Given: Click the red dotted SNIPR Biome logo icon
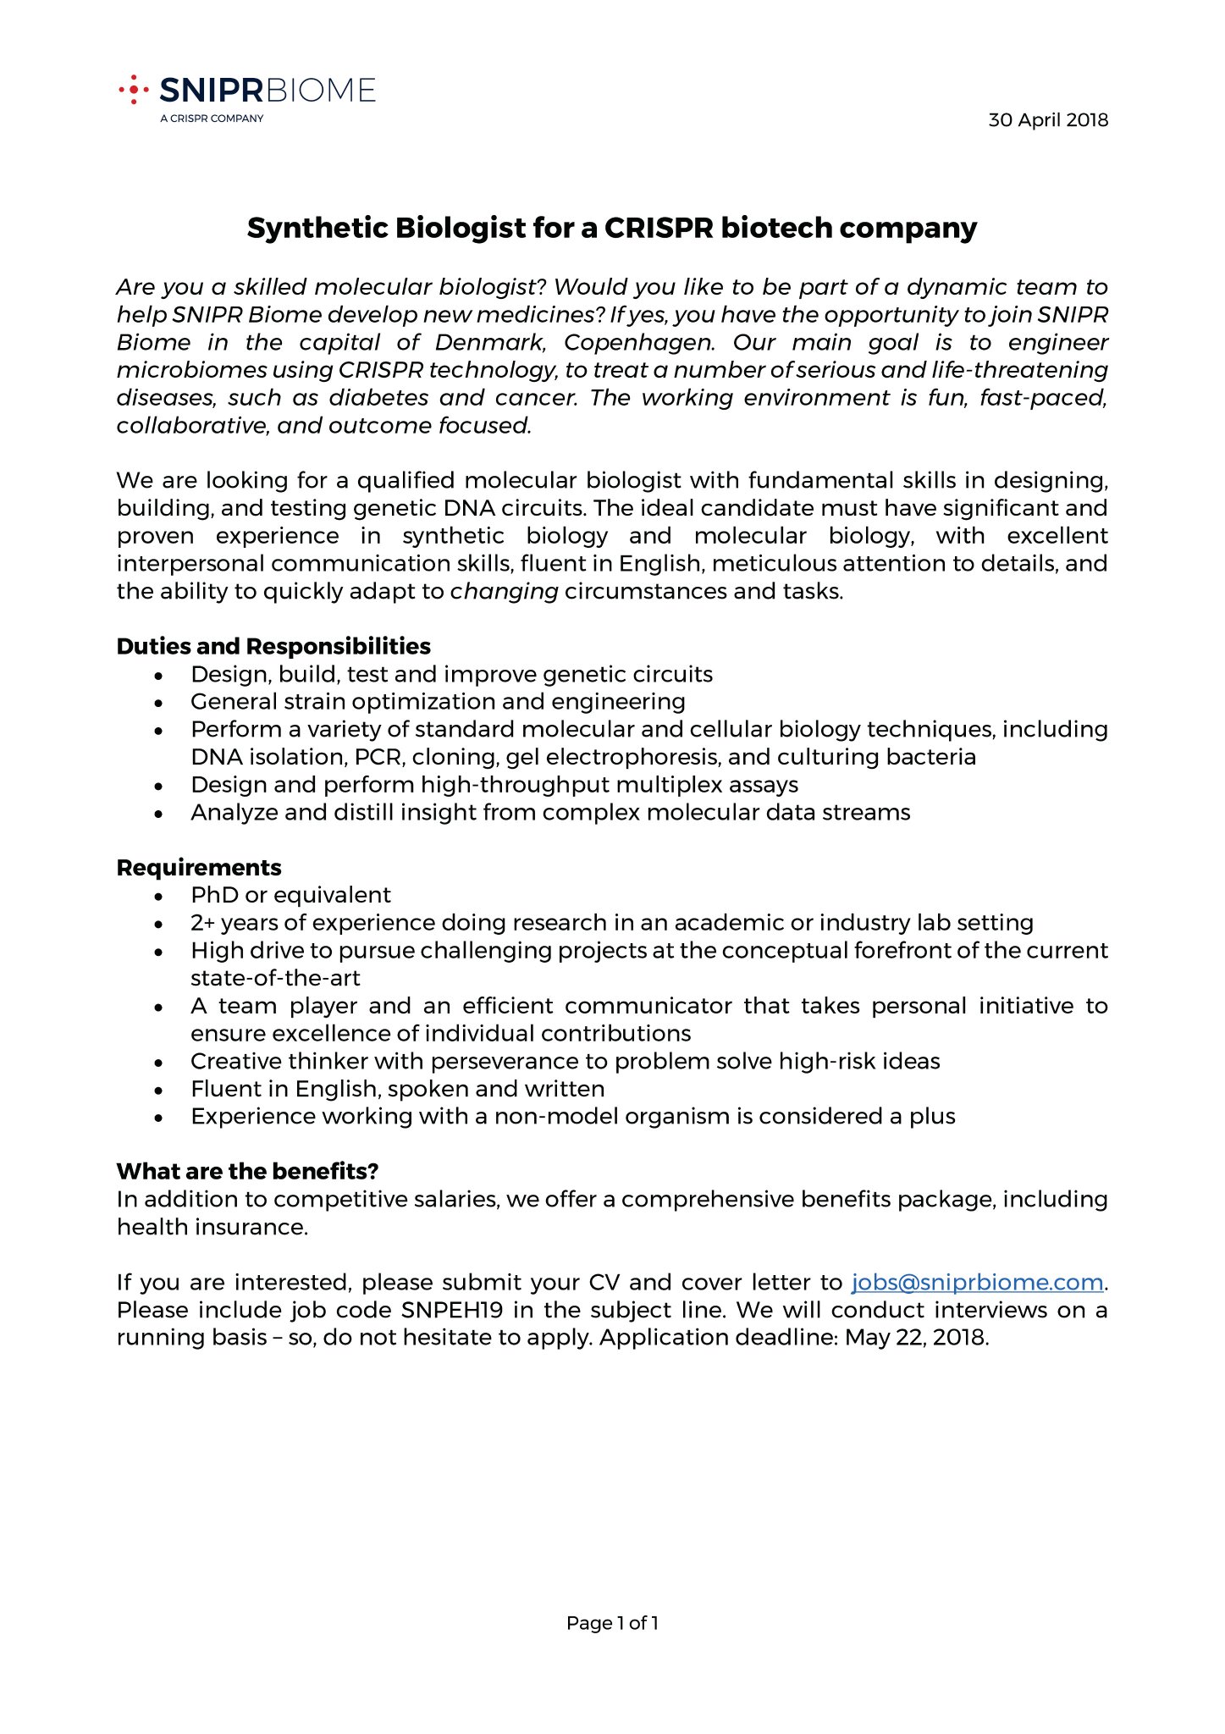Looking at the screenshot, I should (x=133, y=89).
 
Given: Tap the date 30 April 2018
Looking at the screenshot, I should (x=1047, y=120).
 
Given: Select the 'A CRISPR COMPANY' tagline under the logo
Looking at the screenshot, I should (x=212, y=118).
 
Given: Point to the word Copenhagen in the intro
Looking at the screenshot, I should (x=637, y=343).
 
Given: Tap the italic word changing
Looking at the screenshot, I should (x=504, y=592).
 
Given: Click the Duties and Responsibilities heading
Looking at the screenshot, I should (x=273, y=647).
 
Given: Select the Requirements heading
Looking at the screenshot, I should (x=199, y=868).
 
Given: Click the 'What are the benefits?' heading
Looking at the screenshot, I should (x=247, y=1172).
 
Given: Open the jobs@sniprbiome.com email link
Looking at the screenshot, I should (x=977, y=1283).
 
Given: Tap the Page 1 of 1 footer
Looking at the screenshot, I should (x=612, y=1623).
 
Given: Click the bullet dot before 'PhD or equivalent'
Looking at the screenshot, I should (x=159, y=897).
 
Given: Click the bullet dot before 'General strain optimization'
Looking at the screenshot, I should (x=159, y=703).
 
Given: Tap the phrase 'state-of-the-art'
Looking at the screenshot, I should (x=275, y=979).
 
